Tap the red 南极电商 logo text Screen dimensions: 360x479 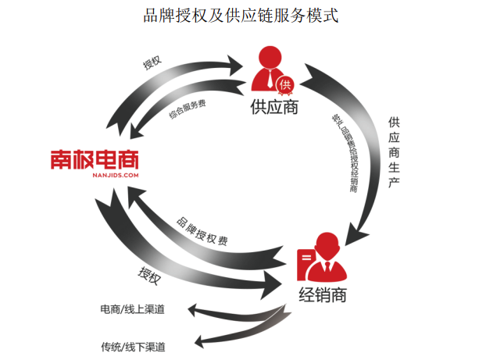pos(94,159)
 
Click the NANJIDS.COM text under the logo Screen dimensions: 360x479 pos(94,176)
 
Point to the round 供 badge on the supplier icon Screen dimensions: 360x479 pos(286,84)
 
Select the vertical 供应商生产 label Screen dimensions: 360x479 pos(393,151)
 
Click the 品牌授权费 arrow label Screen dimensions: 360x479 pos(203,231)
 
